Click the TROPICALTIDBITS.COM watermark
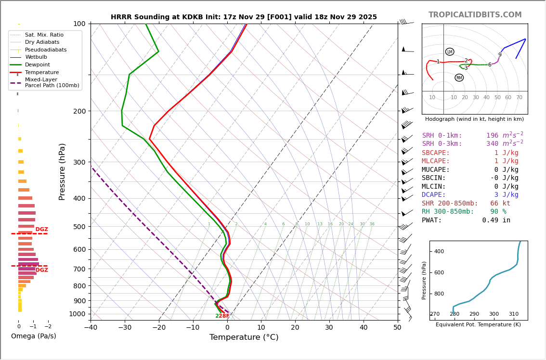[x=475, y=15]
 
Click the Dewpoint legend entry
[x=37, y=64]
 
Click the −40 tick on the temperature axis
[x=91, y=328]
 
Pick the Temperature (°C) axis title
[x=244, y=337]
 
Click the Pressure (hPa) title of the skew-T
[x=62, y=171]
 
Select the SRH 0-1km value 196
[x=492, y=136]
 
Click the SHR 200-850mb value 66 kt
[x=500, y=204]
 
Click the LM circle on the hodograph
[x=450, y=52]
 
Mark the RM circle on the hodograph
[x=459, y=78]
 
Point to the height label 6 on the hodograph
[x=490, y=65]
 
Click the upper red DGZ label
[x=41, y=230]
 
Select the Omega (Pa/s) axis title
[x=33, y=336]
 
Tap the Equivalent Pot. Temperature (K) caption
[x=478, y=325]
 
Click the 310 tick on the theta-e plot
[x=514, y=314]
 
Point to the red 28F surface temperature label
[x=224, y=316]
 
